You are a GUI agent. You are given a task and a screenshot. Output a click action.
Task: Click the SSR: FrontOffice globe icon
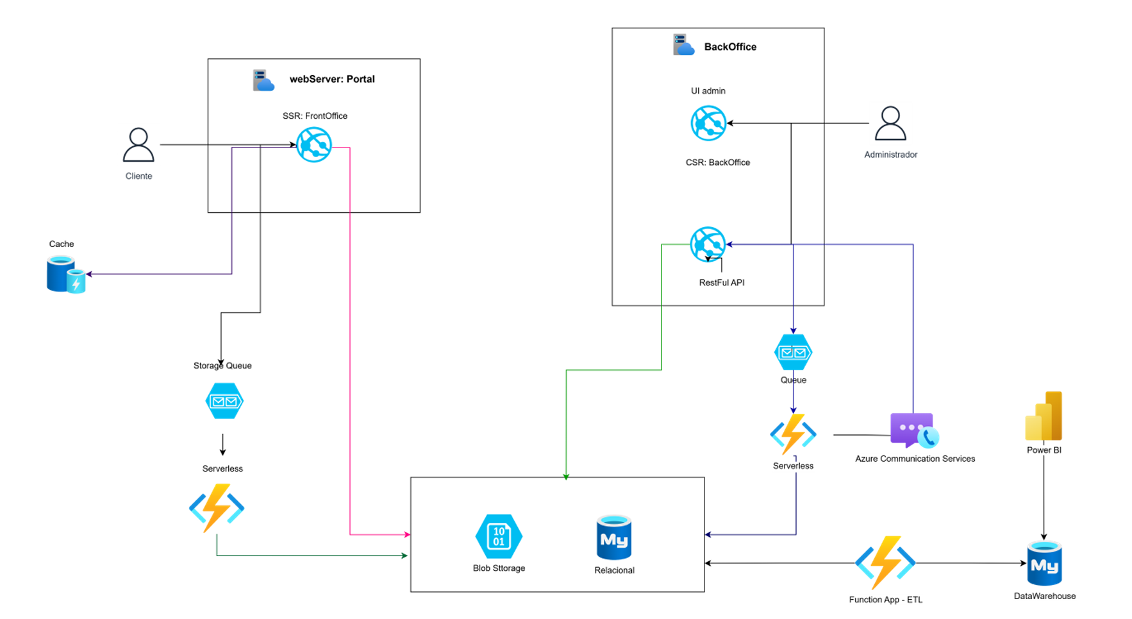(313, 144)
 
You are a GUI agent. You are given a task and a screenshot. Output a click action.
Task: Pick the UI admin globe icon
(708, 123)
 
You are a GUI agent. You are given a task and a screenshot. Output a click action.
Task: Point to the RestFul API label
(721, 283)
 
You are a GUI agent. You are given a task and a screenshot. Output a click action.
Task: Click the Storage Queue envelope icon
(224, 401)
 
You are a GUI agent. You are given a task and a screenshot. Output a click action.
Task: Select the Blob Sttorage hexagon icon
(499, 536)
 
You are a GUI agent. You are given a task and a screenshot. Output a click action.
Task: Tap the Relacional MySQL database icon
(613, 538)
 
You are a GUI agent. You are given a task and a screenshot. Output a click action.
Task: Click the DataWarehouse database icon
(1044, 564)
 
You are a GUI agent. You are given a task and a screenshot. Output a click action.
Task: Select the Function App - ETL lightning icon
(885, 563)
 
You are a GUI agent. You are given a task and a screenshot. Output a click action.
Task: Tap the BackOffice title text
(730, 47)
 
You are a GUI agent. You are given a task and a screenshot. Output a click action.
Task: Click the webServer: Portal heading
(332, 79)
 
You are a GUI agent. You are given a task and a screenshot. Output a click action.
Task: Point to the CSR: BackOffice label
(717, 163)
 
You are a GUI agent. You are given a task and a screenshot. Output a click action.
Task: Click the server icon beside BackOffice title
(683, 45)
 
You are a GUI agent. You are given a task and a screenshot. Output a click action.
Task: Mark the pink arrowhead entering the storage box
(407, 534)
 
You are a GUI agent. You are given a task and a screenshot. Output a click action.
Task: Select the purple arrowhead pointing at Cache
(89, 274)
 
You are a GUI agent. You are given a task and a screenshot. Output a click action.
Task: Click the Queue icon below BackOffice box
(793, 352)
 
